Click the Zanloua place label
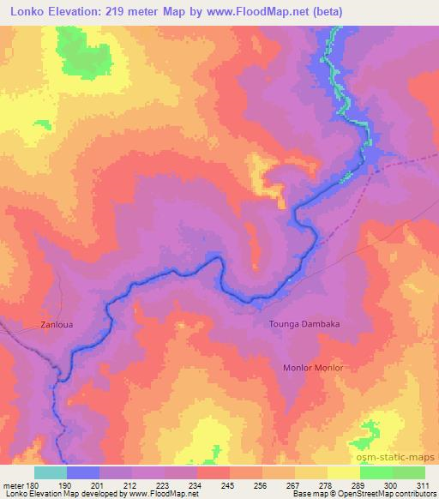point(58,325)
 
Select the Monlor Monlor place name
point(313,368)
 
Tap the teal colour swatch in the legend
point(51,472)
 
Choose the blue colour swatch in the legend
point(83,472)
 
